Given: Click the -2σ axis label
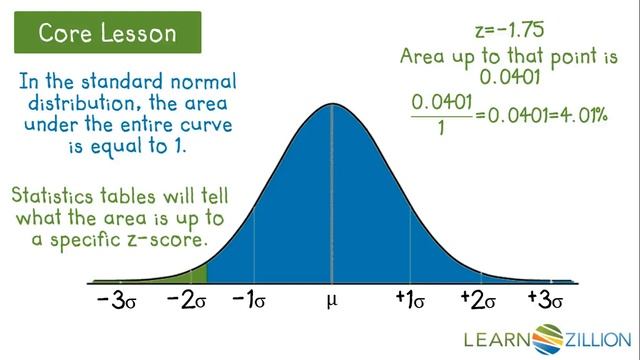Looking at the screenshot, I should point(186,300).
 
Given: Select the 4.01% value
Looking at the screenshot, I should point(585,115).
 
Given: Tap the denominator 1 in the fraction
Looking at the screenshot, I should point(439,128).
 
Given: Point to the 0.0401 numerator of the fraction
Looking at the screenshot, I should point(439,102).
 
